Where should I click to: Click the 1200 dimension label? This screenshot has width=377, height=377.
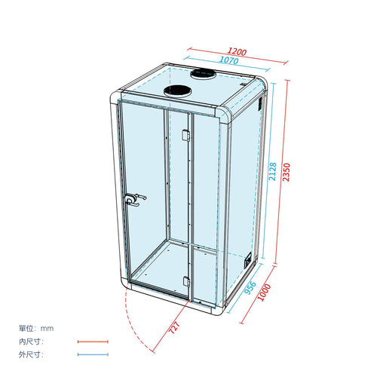click(x=237, y=51)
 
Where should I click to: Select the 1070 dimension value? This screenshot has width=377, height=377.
click(x=228, y=60)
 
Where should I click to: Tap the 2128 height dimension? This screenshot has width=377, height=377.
click(x=272, y=171)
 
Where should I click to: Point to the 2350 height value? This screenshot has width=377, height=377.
click(x=287, y=172)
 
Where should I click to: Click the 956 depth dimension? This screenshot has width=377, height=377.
click(x=250, y=287)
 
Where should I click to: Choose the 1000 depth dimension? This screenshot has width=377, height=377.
click(x=265, y=293)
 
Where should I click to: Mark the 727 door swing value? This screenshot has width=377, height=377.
click(x=174, y=327)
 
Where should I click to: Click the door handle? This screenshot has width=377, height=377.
click(x=136, y=200)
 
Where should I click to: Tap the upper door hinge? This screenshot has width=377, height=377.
click(x=185, y=135)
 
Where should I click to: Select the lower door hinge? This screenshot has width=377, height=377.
click(x=186, y=281)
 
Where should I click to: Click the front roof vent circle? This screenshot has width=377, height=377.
click(x=178, y=91)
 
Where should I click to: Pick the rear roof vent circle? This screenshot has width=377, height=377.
click(x=203, y=74)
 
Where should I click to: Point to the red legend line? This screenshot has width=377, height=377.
click(x=93, y=342)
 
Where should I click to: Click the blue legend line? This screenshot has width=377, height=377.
click(x=93, y=354)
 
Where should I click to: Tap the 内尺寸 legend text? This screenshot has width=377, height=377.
click(x=31, y=342)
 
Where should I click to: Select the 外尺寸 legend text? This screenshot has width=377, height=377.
click(x=31, y=354)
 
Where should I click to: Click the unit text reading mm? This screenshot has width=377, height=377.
click(x=48, y=329)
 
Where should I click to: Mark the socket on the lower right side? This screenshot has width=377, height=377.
click(x=248, y=260)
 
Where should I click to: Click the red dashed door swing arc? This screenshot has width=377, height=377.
click(x=133, y=320)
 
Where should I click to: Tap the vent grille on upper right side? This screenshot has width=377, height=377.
click(x=260, y=103)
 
